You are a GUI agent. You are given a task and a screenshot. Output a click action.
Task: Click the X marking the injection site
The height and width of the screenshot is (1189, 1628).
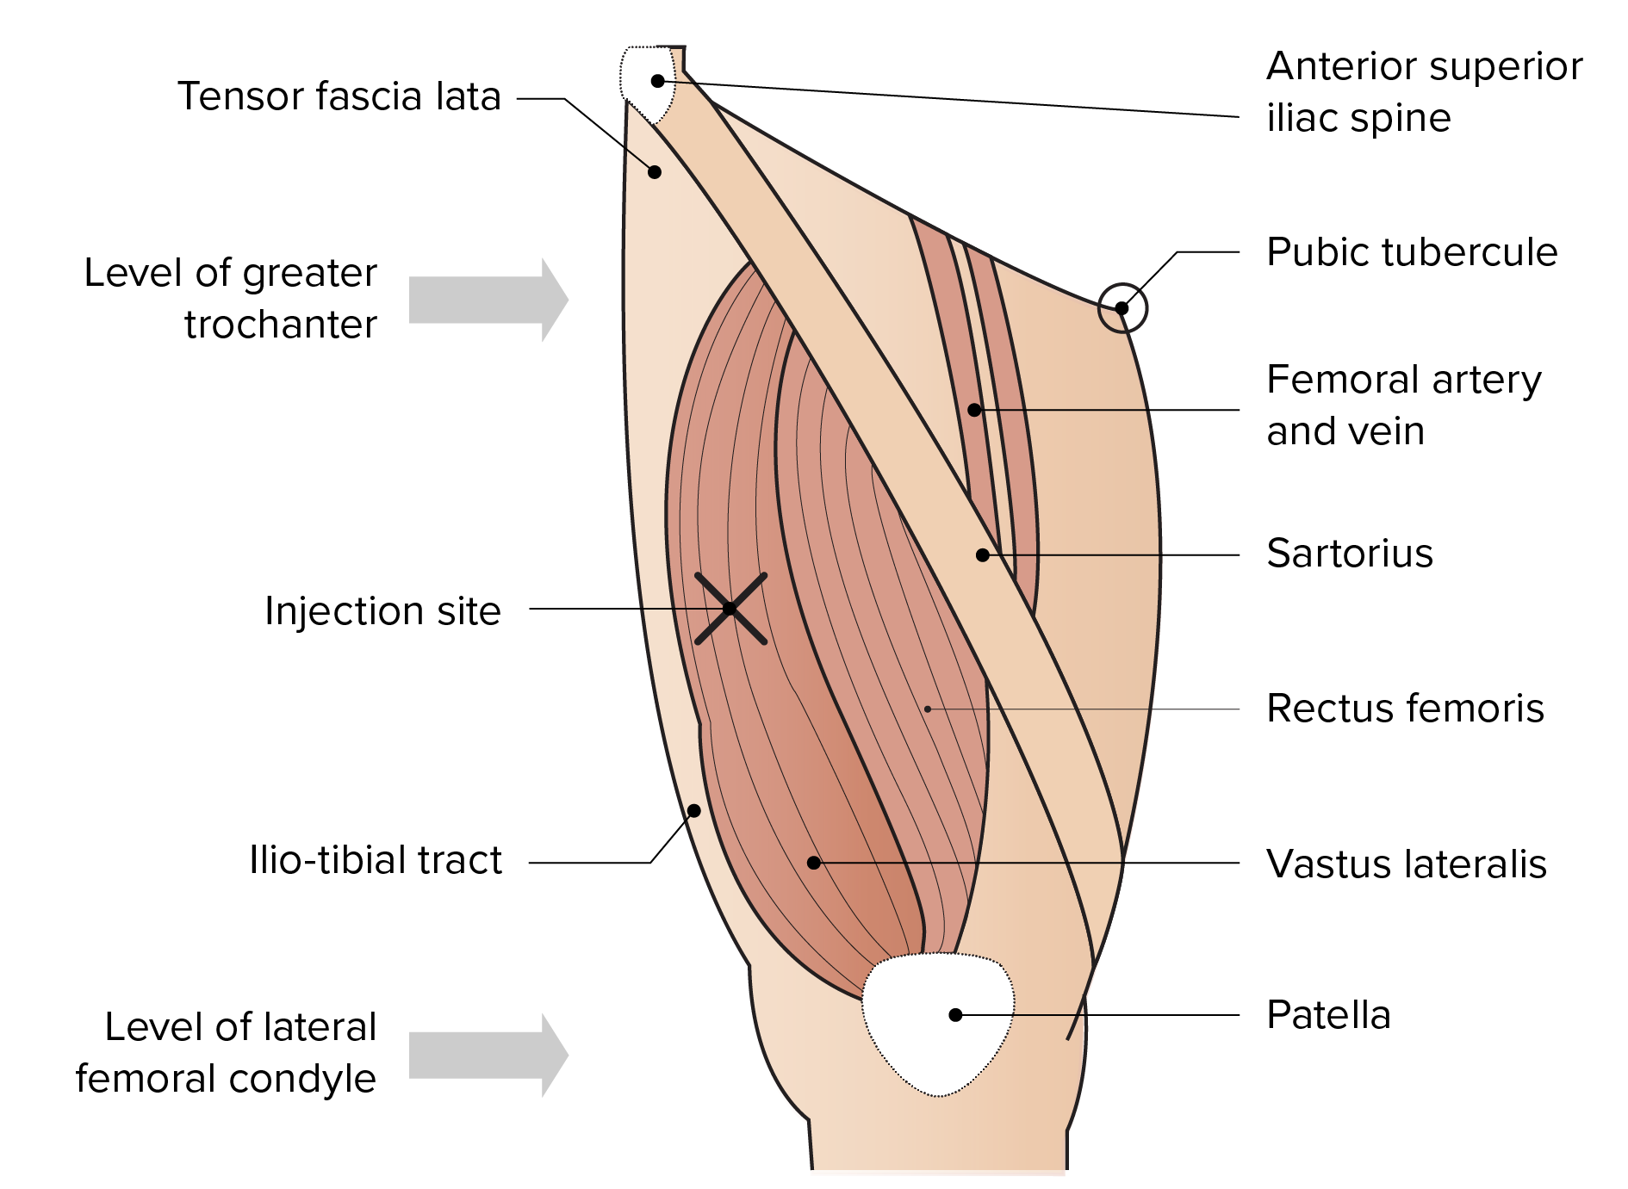[x=730, y=609]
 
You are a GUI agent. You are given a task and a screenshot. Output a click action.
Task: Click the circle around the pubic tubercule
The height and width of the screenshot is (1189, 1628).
[x=1122, y=307]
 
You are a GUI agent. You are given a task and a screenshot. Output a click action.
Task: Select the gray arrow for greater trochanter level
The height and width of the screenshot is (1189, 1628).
[x=488, y=300]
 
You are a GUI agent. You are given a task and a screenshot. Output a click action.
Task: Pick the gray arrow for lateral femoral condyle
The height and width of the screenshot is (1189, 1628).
[x=488, y=1055]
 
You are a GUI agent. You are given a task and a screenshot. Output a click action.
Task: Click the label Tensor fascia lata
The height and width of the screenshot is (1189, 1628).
[x=339, y=96]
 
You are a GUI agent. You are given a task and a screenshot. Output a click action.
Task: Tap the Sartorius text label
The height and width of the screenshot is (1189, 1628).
[x=1349, y=554]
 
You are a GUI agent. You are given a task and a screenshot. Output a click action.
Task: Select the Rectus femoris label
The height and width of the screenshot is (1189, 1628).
[x=1405, y=709]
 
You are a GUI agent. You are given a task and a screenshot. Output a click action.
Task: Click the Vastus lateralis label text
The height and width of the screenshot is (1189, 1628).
[x=1406, y=864]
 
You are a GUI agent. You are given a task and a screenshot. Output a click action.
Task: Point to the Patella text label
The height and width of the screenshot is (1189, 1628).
[x=1328, y=1015]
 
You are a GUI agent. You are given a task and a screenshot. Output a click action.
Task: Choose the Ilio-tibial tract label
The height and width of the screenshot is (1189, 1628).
[x=375, y=860]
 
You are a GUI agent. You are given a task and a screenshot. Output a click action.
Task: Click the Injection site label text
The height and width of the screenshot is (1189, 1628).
[x=382, y=611]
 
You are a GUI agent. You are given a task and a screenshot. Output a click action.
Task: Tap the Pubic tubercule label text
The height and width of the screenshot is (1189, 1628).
[x=1411, y=252]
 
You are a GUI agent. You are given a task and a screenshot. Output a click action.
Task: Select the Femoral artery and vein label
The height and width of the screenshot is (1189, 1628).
[x=1403, y=405]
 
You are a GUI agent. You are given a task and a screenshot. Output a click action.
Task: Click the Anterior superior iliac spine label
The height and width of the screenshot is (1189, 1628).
[x=1424, y=91]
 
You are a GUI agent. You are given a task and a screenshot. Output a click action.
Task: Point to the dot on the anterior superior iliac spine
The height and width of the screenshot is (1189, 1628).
[x=658, y=81]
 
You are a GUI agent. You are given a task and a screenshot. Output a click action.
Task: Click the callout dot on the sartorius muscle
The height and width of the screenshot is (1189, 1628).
[x=983, y=555]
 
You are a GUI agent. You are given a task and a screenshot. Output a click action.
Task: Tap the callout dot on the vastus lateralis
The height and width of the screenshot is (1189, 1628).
[x=814, y=863]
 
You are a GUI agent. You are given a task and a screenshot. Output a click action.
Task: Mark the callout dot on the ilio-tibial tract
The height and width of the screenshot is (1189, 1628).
[x=694, y=811]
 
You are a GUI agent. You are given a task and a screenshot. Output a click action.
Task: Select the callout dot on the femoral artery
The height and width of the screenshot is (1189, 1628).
[x=974, y=410]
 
